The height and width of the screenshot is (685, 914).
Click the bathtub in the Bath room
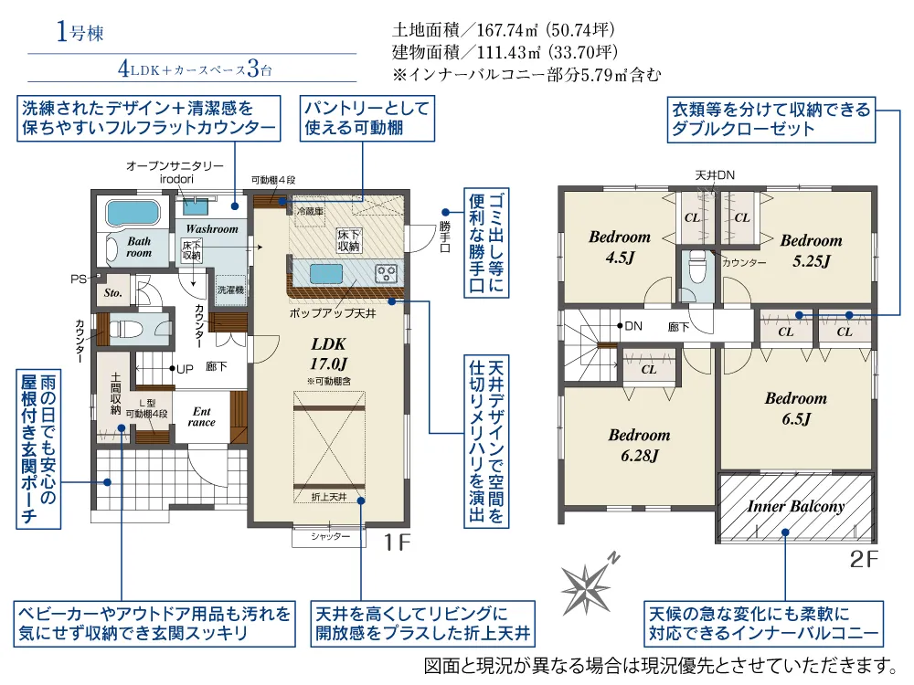[133, 213]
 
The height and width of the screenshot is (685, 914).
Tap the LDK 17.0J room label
[329, 353]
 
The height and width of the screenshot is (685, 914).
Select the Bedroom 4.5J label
[620, 247]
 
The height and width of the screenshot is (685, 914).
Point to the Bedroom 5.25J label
[811, 250]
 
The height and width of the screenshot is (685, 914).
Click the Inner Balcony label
[796, 506]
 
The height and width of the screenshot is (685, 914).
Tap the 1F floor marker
[397, 543]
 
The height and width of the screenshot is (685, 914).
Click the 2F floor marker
[864, 559]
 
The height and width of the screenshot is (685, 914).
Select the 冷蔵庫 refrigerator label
[310, 211]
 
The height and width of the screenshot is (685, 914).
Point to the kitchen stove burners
[386, 272]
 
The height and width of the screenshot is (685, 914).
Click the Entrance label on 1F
[201, 416]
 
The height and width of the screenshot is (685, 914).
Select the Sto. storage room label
[113, 293]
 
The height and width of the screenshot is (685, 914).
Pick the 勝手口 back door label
[445, 236]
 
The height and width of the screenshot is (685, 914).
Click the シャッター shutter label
[330, 536]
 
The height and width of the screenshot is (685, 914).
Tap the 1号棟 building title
[80, 31]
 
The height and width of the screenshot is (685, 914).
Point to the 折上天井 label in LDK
[329, 497]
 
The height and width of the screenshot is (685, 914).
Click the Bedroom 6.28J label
[640, 445]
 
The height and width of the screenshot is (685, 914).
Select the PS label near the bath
[78, 279]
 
